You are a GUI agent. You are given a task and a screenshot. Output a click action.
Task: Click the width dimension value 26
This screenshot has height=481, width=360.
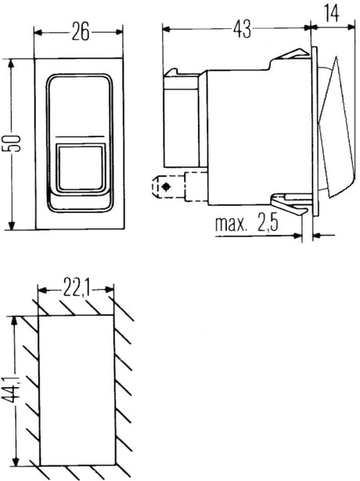coord(80,32)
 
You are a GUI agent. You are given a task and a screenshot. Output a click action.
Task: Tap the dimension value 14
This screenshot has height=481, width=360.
coord(333,13)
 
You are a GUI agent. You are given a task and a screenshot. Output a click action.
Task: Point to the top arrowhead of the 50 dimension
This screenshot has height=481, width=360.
coord(11,63)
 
